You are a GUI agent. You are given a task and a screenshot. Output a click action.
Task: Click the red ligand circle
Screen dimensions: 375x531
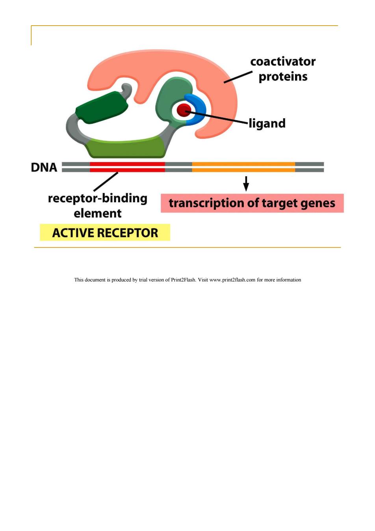pos(184,110)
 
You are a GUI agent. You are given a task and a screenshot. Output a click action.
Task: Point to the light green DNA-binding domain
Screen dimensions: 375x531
pos(126,148)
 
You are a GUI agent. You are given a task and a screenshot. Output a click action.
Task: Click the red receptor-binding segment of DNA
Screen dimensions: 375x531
pos(127,167)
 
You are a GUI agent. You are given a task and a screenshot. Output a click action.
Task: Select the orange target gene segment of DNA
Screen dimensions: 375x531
pos(243,167)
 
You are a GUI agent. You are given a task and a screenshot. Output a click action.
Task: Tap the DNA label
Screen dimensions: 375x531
pos(44,168)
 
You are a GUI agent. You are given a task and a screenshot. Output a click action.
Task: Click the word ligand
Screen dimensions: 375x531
pos(267,123)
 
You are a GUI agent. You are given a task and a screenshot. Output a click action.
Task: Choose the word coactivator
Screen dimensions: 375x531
pos(283,61)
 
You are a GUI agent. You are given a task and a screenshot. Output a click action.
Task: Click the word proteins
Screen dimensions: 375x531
pos(283,76)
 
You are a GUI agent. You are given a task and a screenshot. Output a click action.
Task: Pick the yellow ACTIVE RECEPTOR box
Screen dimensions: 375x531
pos(105,232)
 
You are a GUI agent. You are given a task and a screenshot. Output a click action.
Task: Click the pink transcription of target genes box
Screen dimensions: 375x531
pos(252,203)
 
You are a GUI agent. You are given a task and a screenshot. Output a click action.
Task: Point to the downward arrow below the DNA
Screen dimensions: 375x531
pos(246,183)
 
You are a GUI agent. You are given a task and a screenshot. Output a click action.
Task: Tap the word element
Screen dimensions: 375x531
pos(98,213)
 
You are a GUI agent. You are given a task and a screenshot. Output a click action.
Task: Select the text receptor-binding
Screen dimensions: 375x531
pos(98,198)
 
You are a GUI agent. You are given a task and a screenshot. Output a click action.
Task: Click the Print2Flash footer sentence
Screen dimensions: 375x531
pos(187,280)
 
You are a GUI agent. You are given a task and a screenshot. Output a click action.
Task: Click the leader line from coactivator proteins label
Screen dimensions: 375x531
pos(238,77)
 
